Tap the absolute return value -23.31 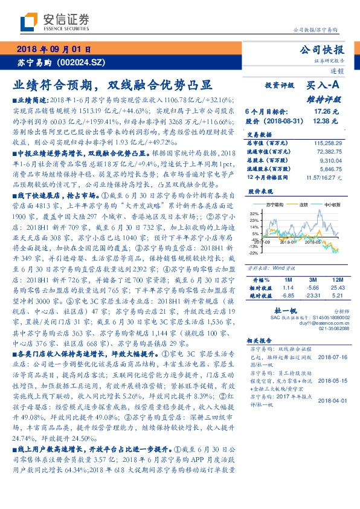click(312, 296)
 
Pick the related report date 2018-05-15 click(331, 381)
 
